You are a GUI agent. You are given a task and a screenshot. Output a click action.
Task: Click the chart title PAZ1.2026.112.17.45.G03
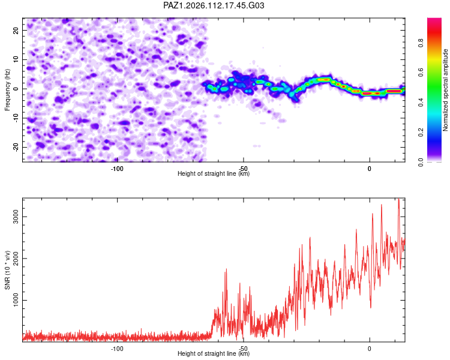pyautogui.click(x=214, y=5)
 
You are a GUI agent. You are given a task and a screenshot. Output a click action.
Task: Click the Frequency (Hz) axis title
pyautogui.click(x=7, y=90)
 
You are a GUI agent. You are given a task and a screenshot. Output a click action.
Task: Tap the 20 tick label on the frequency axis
pyautogui.click(x=16, y=30)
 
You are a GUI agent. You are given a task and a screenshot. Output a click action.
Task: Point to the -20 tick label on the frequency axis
pyautogui.click(x=16, y=147)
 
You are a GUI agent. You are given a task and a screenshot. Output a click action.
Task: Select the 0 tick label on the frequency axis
pyautogui.click(x=16, y=89)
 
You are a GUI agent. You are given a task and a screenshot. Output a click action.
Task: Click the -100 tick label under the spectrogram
pyautogui.click(x=117, y=169)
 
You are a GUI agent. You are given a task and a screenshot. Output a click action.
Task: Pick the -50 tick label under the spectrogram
pyautogui.click(x=244, y=169)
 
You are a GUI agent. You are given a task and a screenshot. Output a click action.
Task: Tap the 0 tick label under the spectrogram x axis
pyautogui.click(x=370, y=169)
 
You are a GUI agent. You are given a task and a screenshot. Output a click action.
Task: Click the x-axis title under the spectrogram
pyautogui.click(x=214, y=173)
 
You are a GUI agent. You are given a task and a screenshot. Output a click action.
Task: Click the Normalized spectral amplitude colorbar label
pyautogui.click(x=445, y=90)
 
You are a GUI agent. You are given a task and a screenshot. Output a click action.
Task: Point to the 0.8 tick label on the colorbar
pyautogui.click(x=421, y=43)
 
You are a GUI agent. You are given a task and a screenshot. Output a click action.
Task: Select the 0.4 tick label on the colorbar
pyautogui.click(x=421, y=102)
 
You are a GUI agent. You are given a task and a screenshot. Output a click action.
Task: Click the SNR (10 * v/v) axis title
pyautogui.click(x=7, y=270)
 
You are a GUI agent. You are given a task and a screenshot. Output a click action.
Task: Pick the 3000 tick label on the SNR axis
pyautogui.click(x=16, y=217)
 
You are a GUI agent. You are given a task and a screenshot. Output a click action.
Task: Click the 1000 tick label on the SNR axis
pyautogui.click(x=16, y=300)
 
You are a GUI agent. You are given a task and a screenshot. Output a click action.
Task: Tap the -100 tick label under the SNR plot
pyautogui.click(x=117, y=349)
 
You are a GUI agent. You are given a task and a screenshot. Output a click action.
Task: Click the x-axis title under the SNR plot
pyautogui.click(x=214, y=353)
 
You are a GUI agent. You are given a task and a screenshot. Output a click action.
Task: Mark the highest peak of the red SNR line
pyautogui.click(x=398, y=199)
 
